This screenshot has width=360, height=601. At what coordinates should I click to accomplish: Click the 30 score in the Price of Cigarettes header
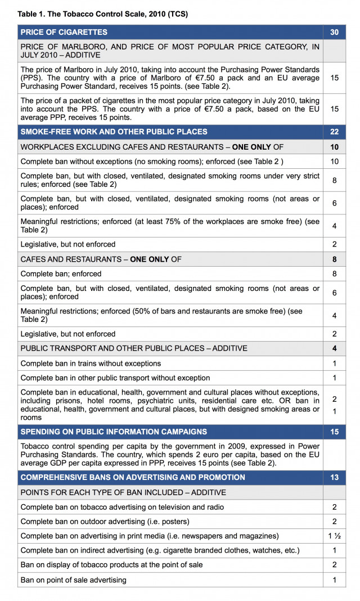pos(334,33)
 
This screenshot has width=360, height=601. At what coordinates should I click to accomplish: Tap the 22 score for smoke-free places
pos(334,132)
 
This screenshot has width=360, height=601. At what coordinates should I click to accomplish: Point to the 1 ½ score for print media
pos(334,536)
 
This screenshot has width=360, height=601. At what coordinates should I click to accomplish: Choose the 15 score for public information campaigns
pos(334,432)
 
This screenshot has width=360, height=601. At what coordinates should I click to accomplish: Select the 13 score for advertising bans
pos(334,477)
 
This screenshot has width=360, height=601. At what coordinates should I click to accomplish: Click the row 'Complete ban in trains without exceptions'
pos(91,364)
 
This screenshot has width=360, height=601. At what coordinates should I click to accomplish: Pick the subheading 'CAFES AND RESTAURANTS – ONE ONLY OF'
pos(101,259)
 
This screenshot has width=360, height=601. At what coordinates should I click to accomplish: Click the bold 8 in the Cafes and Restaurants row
pos(334,259)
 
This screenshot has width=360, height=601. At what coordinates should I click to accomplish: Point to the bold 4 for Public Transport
pos(334,348)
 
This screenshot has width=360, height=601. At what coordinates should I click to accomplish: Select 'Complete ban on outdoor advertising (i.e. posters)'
pos(105,521)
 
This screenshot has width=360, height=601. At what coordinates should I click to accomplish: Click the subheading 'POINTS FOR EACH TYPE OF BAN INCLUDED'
pos(115,492)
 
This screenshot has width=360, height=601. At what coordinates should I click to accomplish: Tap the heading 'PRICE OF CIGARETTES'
pos(64,33)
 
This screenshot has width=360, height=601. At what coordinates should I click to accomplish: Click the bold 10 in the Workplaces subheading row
pos(334,147)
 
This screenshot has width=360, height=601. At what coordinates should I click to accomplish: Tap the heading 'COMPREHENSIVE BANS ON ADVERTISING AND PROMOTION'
pos(133,477)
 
